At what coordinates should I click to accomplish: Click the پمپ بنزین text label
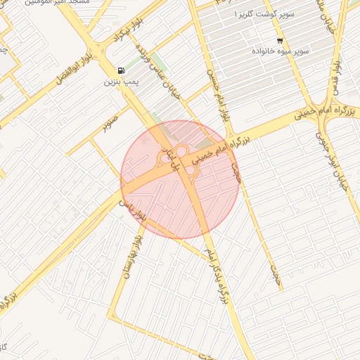click(x=119, y=82)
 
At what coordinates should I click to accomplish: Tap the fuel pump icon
click(x=122, y=70)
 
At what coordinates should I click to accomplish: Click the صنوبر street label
click(x=108, y=127)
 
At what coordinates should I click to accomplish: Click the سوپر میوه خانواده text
click(x=283, y=52)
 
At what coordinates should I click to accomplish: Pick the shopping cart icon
click(x=280, y=40)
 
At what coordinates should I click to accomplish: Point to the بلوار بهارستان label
click(x=131, y=257)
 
